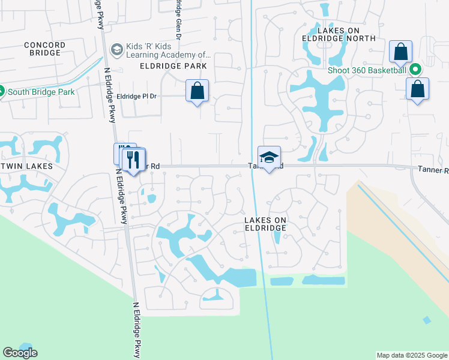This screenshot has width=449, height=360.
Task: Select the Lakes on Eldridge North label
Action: (x=338, y=34)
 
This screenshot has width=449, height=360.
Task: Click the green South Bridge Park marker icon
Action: (x=2, y=92)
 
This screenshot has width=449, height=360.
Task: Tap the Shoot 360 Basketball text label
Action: (x=367, y=70)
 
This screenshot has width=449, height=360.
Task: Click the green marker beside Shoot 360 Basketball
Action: (x=415, y=70)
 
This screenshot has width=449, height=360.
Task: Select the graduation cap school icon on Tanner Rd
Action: (x=270, y=157)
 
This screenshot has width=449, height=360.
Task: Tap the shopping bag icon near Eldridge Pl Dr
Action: (x=197, y=91)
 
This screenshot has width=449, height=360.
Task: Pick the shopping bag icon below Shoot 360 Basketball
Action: (x=417, y=89)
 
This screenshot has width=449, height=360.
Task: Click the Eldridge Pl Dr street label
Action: (x=136, y=96)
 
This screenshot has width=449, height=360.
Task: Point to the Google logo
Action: (x=20, y=353)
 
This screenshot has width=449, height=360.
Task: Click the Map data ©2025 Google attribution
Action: (x=412, y=355)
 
